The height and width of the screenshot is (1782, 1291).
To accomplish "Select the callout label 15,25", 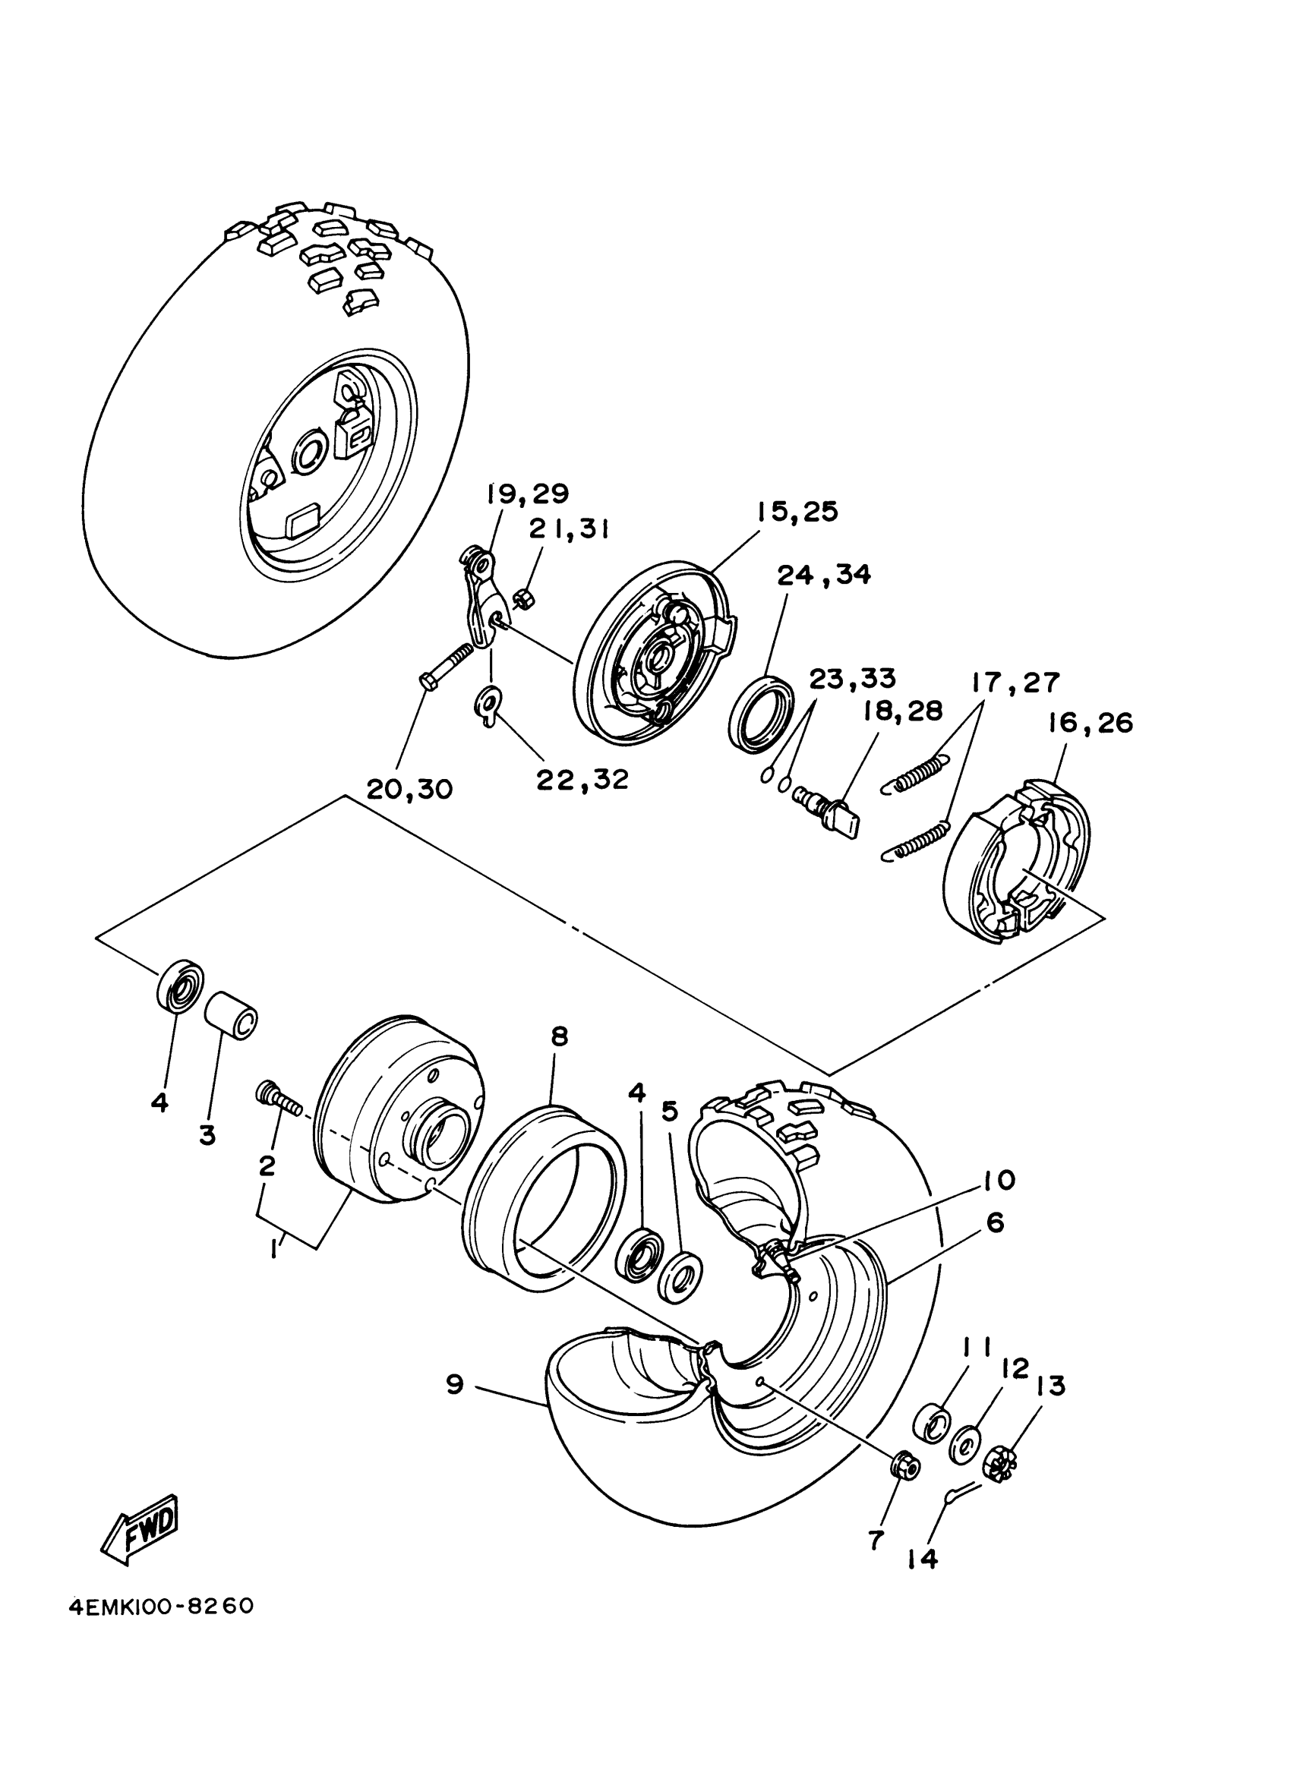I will pyautogui.click(x=797, y=512).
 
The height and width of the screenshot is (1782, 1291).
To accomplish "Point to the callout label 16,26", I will pyautogui.click(x=1089, y=723).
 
